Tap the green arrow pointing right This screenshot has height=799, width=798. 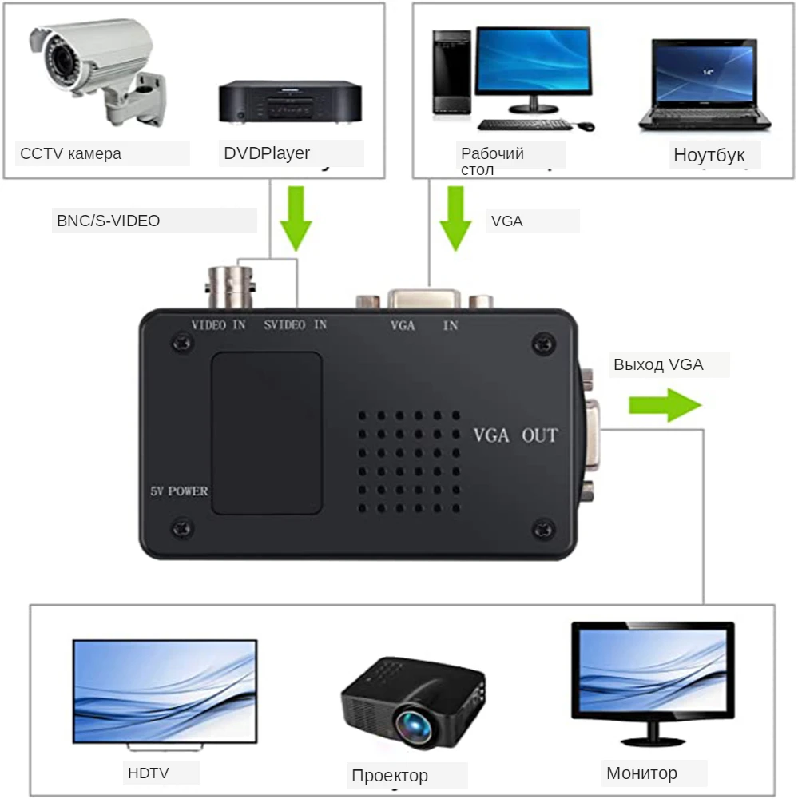tap(665, 405)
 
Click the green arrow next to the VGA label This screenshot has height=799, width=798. tap(456, 217)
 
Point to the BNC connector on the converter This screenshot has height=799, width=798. tap(231, 286)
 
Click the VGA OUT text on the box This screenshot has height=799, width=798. tap(516, 436)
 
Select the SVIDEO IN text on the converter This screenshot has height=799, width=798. tap(296, 325)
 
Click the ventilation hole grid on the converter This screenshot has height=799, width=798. tap(408, 462)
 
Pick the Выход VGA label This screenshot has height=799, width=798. tap(658, 365)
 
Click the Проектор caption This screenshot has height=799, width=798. tap(390, 775)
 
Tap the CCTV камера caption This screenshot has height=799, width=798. tap(71, 153)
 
